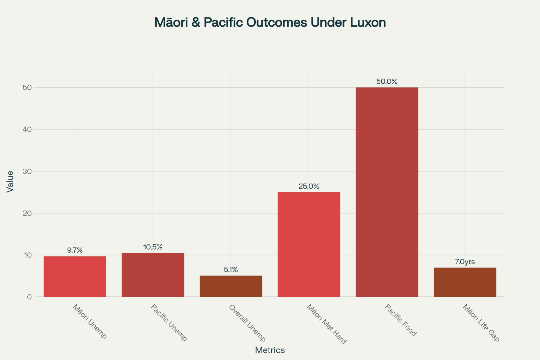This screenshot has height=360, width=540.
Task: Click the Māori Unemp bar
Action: coord(75,277)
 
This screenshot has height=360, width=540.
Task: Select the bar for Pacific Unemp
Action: coord(153,275)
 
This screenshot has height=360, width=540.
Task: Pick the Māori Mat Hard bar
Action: coord(309,245)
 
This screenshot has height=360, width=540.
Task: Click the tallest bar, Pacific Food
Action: coord(387,192)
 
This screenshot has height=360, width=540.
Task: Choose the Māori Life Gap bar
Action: coord(465,282)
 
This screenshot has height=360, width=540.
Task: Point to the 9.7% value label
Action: coord(75,250)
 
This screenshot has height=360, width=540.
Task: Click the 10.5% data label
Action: coord(153,247)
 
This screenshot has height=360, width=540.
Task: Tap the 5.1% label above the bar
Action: coord(231,270)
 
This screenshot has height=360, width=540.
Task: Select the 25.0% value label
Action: coord(309,186)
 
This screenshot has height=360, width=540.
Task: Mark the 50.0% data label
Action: coord(387,82)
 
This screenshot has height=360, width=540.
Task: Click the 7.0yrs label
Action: coord(465,262)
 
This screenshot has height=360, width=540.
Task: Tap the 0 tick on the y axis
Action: coord(29,297)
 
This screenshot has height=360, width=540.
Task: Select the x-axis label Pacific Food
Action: coord(401,321)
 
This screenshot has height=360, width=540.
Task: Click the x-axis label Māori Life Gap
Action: coord(481,323)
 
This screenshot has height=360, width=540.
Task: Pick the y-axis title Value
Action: coord(10,182)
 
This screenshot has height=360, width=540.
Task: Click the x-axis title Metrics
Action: coord(270,350)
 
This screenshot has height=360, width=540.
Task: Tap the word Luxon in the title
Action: coord(370,23)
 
